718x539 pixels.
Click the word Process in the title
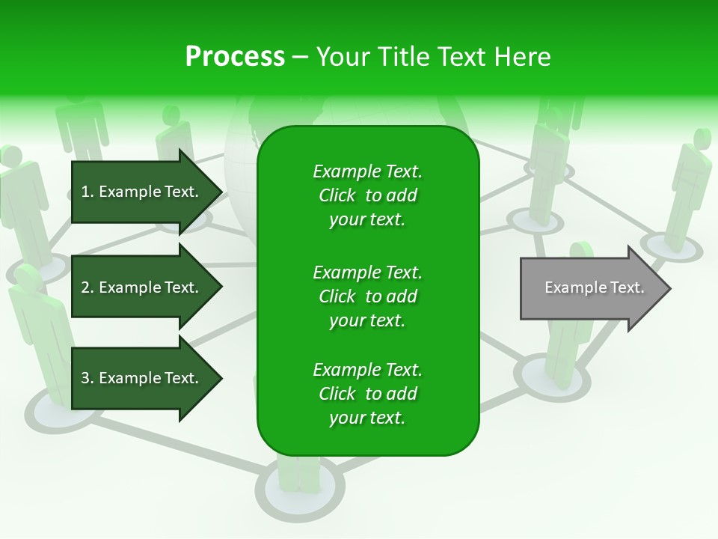click(x=235, y=57)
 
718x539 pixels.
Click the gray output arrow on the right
click(x=583, y=288)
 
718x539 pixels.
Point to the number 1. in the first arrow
click(x=88, y=192)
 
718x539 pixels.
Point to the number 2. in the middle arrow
click(x=88, y=287)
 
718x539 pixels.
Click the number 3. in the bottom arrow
click(x=88, y=378)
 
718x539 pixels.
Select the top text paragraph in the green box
click(x=367, y=195)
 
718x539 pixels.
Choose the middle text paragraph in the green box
click(x=367, y=296)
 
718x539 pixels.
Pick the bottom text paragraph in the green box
click(x=367, y=394)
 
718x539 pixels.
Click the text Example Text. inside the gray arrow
click(x=594, y=287)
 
